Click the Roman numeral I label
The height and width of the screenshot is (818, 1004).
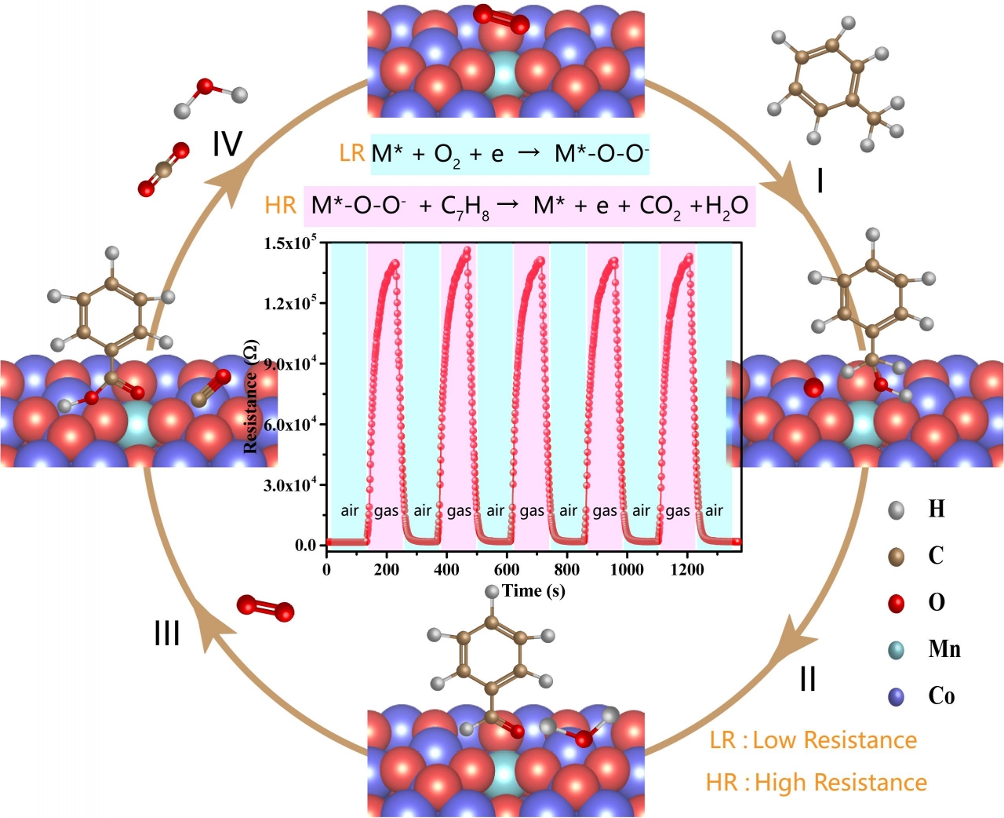820,182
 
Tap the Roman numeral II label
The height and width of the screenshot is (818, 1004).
808,678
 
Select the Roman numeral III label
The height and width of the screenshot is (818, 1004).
167,633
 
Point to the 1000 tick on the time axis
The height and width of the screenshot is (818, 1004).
627,570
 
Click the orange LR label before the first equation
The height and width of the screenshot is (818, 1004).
352,153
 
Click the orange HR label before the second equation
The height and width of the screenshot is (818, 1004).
281,206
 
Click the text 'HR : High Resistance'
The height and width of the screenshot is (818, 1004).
816,783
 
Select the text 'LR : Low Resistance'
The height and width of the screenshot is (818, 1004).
813,740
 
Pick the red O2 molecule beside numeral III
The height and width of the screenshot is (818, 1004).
265,608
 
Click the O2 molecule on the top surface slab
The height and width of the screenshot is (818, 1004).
500,19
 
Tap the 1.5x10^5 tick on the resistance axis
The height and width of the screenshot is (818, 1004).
289,243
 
